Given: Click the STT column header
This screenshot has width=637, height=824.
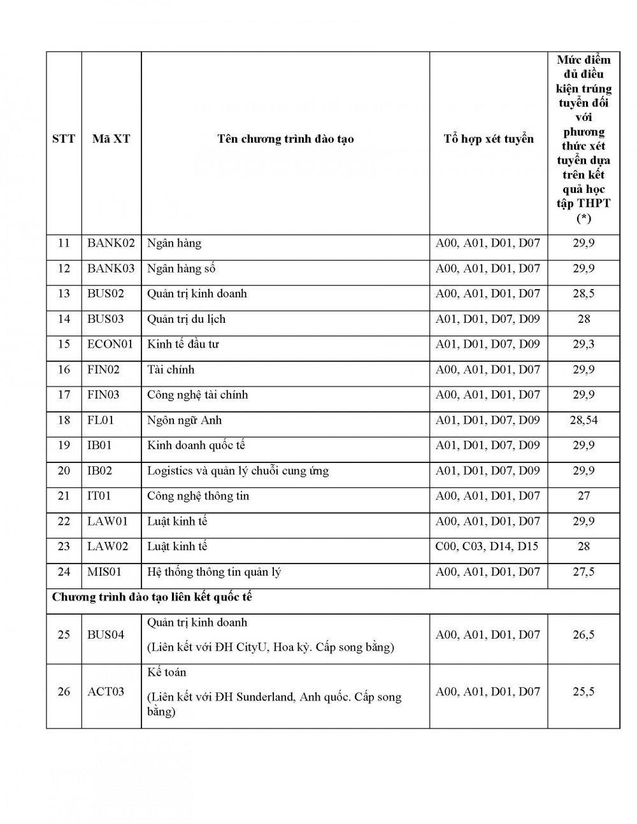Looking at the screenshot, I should [64, 139].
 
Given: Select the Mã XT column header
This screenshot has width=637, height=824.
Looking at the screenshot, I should [111, 139].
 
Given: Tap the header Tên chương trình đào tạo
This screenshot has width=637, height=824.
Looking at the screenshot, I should [285, 139].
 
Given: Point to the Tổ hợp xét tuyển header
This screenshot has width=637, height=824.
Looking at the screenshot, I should [489, 139].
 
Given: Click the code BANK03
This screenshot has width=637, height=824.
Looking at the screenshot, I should [111, 269].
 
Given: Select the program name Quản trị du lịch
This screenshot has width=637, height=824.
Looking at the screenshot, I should [186, 319].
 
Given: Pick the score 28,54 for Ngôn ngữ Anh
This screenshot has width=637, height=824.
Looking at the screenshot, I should [583, 420].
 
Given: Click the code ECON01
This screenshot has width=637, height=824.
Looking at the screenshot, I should [110, 345].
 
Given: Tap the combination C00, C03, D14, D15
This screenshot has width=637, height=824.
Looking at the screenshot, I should [487, 546].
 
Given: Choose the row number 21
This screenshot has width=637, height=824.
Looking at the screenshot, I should [64, 496].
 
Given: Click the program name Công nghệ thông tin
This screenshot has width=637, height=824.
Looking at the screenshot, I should [198, 496].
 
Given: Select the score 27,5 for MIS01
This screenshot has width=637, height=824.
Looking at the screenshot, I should [583, 572].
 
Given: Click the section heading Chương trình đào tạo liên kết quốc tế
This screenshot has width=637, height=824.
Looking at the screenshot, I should [152, 597].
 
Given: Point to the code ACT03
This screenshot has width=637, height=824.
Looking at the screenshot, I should [106, 692].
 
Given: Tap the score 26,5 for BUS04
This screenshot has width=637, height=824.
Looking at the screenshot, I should [583, 635].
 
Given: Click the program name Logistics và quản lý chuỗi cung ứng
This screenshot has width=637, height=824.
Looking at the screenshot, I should [238, 471].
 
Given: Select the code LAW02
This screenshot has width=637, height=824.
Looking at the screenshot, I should [108, 546].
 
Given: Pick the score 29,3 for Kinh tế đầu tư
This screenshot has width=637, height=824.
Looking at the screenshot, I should [583, 345].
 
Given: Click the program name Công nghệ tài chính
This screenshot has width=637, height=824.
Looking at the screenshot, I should [197, 395].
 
